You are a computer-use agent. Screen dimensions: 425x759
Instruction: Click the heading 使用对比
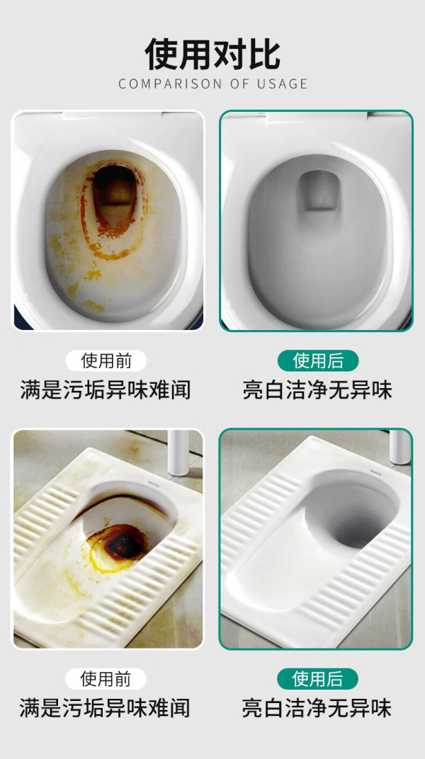pos(212,55)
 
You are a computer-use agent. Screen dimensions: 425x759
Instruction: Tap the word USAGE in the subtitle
pos(280,84)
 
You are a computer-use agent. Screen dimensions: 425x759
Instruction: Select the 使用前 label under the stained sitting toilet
pos(106,360)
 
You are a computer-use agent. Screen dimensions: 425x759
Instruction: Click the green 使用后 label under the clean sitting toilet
pos(318,360)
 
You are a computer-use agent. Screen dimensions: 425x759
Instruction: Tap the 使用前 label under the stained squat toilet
pos(106,679)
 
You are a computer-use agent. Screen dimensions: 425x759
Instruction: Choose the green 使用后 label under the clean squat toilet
pos(317,679)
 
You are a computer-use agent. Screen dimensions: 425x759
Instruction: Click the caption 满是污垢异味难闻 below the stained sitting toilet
pos(106,390)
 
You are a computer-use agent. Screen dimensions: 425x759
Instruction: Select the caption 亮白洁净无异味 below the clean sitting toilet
pos(317,390)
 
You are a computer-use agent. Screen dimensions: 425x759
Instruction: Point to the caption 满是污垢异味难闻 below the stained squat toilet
pos(105,708)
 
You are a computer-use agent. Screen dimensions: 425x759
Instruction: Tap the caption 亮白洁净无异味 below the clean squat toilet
pos(317,708)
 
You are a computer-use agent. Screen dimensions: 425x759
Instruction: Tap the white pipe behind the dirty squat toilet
pos(178,452)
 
